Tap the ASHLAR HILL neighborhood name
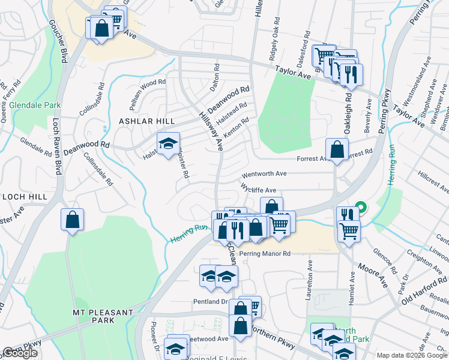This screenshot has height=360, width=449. point(146,121)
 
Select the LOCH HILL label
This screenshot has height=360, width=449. point(24,196)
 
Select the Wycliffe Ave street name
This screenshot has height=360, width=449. point(258,188)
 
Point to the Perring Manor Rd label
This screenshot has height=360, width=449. point(265,254)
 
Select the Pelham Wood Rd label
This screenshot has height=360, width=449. point(145,82)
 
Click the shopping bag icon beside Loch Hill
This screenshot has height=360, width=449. point(73,220)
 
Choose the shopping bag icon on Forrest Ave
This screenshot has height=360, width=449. point(337,150)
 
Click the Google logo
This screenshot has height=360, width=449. point(20,353)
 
